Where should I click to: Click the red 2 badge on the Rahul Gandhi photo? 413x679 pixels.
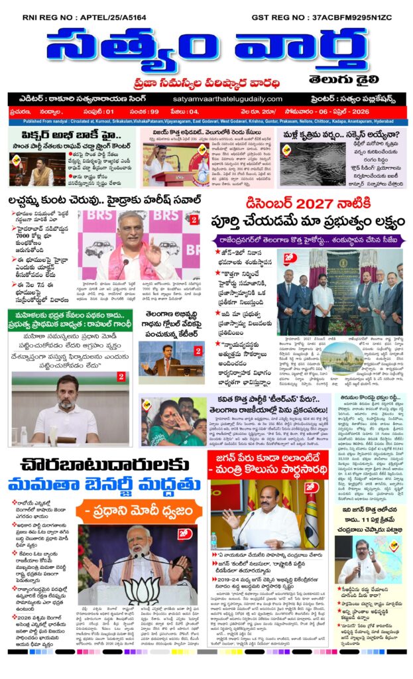[121, 377]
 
